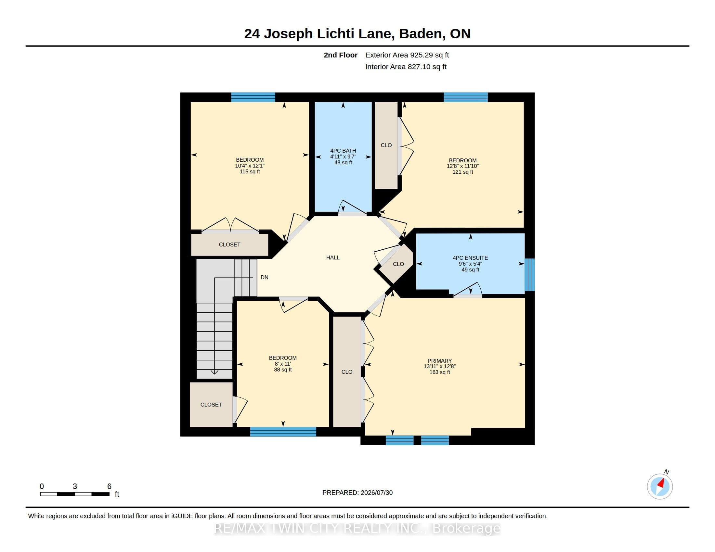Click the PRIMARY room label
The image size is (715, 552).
pos(439,361)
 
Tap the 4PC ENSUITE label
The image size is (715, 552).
pos(470,258)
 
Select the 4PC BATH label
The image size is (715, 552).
pos(343,151)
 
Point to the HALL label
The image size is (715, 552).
pos(332,258)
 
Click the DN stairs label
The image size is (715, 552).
pos(265,277)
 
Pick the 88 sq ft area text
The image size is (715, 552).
pos(283,370)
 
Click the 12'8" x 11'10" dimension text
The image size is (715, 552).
pos(462,166)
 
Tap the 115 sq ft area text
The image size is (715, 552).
pos(250,172)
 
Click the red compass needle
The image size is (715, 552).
pos(661,483)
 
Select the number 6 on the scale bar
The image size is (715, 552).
pos(109,486)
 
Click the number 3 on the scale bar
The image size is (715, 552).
pos(75,486)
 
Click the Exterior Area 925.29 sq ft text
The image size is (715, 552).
pos(407,55)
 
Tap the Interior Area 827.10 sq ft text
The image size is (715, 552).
pos(406,67)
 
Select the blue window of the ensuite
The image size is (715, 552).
pos(530,275)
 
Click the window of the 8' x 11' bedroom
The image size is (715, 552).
pos(283,432)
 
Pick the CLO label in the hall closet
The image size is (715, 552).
pos(398,264)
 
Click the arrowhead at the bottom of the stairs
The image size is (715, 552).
pos(214,372)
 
